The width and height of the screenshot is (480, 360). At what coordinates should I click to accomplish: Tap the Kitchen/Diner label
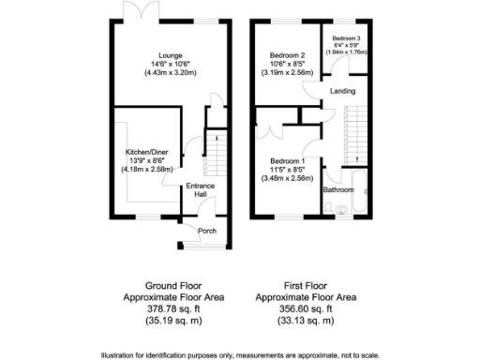(150, 151)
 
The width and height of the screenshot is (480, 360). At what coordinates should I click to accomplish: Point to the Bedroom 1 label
(288, 160)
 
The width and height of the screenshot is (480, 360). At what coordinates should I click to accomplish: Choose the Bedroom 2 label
(288, 54)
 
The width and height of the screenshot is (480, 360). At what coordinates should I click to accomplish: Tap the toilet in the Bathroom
(340, 208)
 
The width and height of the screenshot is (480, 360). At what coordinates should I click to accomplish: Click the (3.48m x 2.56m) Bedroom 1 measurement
(288, 177)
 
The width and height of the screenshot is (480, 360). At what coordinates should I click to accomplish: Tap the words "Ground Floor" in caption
(170, 284)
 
